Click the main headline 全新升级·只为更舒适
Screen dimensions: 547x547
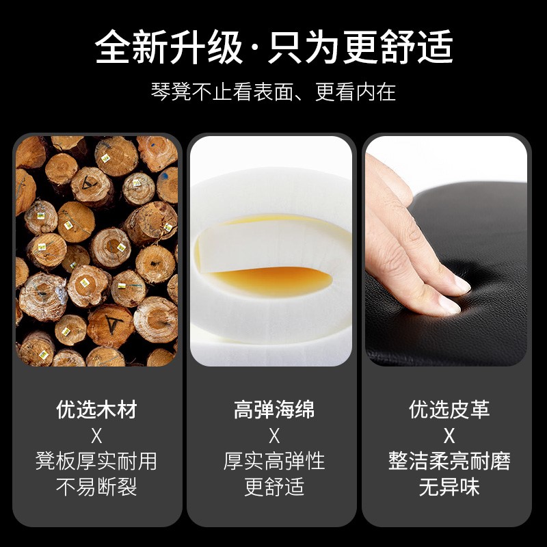[274, 46]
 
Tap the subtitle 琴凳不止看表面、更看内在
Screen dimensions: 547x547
[273, 92]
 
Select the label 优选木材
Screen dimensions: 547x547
[96, 409]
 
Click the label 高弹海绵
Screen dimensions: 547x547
[274, 409]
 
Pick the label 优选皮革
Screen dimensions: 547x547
[449, 409]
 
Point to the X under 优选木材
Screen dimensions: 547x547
[96, 436]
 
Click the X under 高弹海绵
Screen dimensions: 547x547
[274, 436]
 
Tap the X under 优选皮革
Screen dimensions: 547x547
[449, 436]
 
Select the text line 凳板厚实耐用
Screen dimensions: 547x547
[96, 461]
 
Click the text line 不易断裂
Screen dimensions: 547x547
[96, 487]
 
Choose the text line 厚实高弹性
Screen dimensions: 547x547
[274, 461]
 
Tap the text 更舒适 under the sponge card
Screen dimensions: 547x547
[274, 487]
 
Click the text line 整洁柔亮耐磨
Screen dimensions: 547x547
[449, 461]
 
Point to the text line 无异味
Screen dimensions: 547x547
[449, 487]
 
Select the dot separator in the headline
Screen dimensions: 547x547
[255, 47]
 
